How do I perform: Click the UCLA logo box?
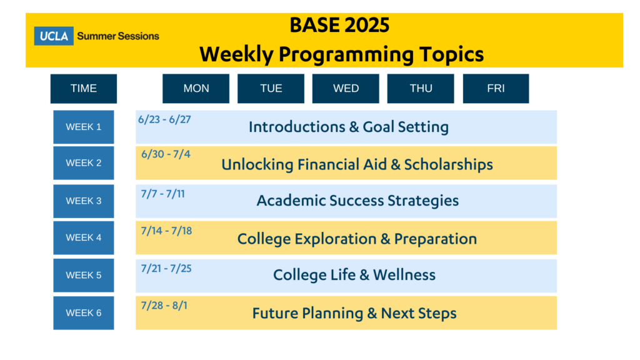point(54,36)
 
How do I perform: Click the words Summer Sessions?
point(118,36)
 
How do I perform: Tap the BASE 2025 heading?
point(339,25)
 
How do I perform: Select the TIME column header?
point(84,89)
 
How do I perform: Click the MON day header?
point(196,89)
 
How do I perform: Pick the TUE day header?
point(271,89)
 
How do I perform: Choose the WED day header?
point(346,89)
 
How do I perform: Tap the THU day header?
point(421,89)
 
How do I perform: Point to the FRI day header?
point(496,89)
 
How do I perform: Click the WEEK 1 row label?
point(84,127)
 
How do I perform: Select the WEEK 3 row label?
point(84,201)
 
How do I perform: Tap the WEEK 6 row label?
point(84,312)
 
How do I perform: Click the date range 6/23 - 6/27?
point(164,119)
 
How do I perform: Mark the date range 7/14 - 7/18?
point(166,231)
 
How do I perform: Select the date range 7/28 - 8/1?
point(164,305)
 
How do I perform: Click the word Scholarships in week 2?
point(449,165)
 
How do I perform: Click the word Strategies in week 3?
point(423,201)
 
